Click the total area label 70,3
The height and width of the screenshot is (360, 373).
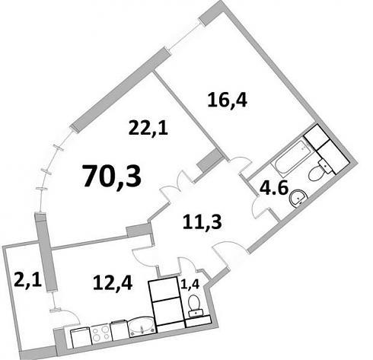pyautogui.click(x=112, y=176)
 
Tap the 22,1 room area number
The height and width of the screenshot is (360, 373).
pyautogui.click(x=148, y=129)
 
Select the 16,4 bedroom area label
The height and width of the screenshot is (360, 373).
pyautogui.click(x=228, y=100)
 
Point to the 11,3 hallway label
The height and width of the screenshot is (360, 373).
pyautogui.click(x=202, y=221)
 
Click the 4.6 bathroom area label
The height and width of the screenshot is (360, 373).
pyautogui.click(x=274, y=189)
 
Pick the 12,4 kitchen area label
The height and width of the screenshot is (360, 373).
pyautogui.click(x=113, y=283)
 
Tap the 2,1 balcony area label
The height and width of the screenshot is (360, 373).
pyautogui.click(x=27, y=279)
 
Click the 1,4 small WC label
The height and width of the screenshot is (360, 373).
pyautogui.click(x=190, y=284)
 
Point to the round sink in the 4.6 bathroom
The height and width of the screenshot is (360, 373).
pyautogui.click(x=298, y=198)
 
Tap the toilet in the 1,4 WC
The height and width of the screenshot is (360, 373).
pyautogui.click(x=196, y=305)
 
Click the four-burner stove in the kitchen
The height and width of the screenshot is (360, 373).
pyautogui.click(x=100, y=334)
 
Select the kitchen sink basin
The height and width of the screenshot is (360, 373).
pyautogui.click(x=142, y=327)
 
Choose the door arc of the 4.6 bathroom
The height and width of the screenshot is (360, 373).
pyautogui.click(x=259, y=208)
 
